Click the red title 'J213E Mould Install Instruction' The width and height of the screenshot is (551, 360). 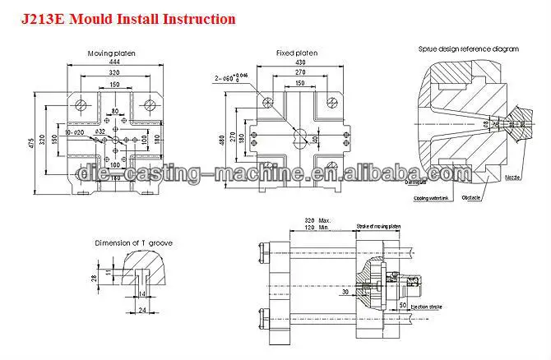pyautogui.click(x=122, y=17)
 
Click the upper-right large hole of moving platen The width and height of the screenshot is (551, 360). pyautogui.click(x=150, y=104)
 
